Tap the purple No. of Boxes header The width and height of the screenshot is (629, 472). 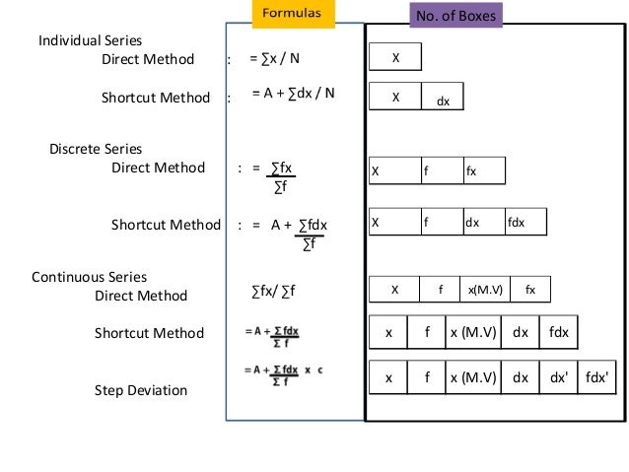point(454,16)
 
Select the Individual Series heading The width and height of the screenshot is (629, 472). point(90,40)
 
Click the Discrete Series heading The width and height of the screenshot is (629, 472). point(96,149)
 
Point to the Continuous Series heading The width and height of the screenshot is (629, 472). point(89,277)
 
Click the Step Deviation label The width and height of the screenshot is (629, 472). point(140,390)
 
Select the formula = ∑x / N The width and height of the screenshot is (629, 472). point(274,58)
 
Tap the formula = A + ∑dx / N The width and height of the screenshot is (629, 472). point(293,94)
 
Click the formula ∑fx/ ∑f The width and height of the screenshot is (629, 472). point(274,292)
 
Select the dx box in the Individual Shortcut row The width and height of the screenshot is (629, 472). point(443,99)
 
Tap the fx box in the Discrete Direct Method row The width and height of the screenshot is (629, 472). point(483,170)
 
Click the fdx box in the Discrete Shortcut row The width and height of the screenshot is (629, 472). point(525,223)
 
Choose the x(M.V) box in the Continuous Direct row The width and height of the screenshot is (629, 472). point(485,290)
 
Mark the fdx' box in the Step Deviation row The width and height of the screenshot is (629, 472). point(595,377)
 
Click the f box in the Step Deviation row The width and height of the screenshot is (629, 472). point(426,377)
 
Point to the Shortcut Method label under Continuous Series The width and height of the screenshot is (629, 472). point(149,333)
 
